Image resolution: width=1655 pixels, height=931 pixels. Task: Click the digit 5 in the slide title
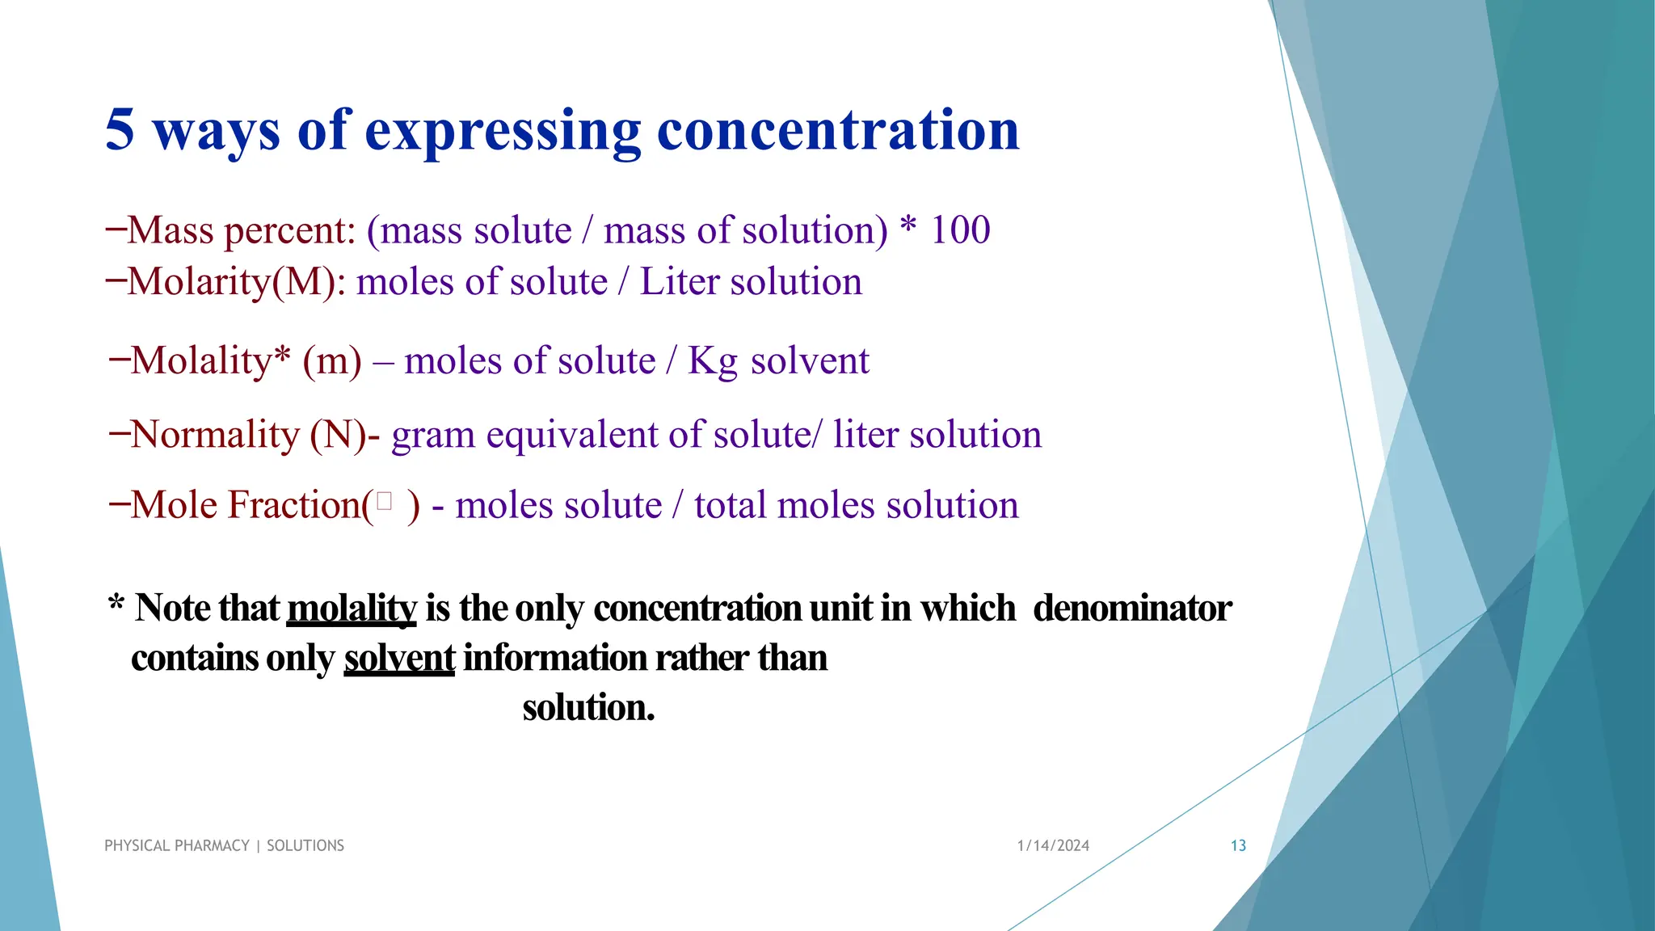[120, 130]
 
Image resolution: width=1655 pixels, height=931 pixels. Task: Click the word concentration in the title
[838, 130]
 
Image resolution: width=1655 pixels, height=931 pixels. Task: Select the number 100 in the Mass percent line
[960, 230]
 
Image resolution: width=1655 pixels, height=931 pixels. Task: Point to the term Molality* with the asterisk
[210, 360]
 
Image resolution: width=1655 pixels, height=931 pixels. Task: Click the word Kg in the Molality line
[712, 361]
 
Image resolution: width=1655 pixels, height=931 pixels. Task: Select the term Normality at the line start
[215, 435]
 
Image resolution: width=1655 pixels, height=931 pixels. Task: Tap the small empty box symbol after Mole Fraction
[385, 503]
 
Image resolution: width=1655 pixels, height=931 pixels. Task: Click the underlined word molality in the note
[352, 609]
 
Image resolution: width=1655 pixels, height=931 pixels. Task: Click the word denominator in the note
[1132, 609]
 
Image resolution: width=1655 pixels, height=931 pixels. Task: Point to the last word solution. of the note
[588, 708]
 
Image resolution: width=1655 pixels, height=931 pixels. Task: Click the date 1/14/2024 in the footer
[1053, 845]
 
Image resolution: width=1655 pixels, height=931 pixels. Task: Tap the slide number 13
[1238, 845]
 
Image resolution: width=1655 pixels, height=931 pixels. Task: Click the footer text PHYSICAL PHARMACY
[177, 845]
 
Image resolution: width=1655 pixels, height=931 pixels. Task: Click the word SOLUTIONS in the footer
[305, 845]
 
